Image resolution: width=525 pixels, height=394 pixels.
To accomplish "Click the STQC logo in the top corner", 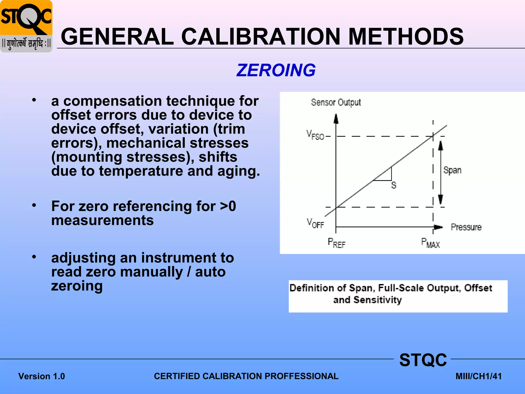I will coord(26,26).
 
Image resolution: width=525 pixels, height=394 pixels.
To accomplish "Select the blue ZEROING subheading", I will coord(276,70).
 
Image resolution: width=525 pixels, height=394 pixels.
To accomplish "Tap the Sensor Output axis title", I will coord(336,102).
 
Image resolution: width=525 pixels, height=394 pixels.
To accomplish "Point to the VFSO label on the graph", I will coord(315,135).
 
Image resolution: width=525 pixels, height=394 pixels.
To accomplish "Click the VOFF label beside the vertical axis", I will coord(315,223).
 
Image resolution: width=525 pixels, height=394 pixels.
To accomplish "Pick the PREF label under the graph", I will coord(337,243).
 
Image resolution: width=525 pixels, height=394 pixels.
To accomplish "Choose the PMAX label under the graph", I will coord(430,243).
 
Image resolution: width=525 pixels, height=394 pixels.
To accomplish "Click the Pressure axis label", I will coord(466,227).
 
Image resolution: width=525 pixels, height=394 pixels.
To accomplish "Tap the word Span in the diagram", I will coord(452,170).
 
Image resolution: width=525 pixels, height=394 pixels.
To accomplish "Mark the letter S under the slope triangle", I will coord(394,185).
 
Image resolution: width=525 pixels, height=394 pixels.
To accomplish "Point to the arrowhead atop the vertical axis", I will coord(336,119).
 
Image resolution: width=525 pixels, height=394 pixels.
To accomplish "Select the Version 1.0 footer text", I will coord(42,376).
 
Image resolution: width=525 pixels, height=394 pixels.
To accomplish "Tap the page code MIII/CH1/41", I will coord(478,376).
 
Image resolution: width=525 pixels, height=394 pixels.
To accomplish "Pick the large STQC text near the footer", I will coord(423,360).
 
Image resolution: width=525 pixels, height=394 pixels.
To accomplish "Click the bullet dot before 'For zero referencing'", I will coord(34,205).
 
